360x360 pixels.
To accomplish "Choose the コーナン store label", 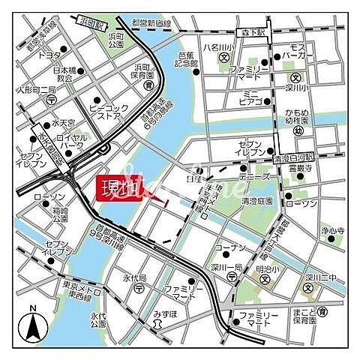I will pyautogui.click(x=229, y=247).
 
